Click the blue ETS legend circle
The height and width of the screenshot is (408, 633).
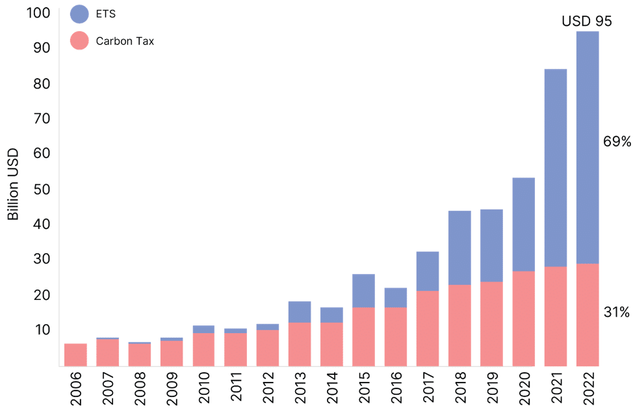tap(79, 14)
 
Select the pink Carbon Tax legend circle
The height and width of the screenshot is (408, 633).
tap(79, 41)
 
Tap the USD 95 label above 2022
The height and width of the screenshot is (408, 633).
tap(586, 21)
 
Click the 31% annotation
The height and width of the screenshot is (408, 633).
tap(617, 314)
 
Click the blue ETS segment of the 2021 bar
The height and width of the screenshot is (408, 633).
tap(556, 167)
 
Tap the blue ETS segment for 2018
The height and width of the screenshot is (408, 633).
tap(459, 247)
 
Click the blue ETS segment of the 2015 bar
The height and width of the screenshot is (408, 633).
tap(363, 290)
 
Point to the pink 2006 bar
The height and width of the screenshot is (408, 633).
tap(75, 354)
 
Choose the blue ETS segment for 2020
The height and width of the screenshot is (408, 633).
tap(524, 224)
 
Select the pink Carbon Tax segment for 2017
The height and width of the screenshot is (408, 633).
tap(428, 328)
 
